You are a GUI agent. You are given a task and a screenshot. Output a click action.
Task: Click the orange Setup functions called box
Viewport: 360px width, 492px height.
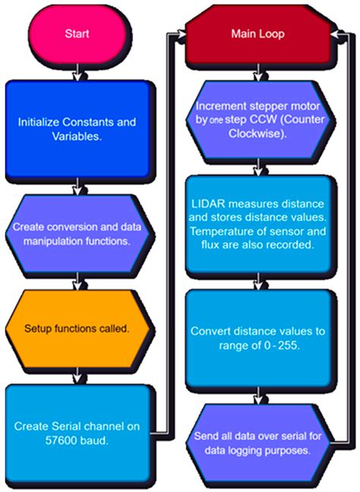pyautogui.click(x=77, y=330)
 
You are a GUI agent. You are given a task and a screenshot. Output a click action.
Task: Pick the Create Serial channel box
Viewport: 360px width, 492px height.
pyautogui.click(x=77, y=429)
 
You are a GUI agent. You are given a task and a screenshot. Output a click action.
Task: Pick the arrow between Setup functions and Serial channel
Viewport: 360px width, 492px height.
pyautogui.click(x=77, y=375)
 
